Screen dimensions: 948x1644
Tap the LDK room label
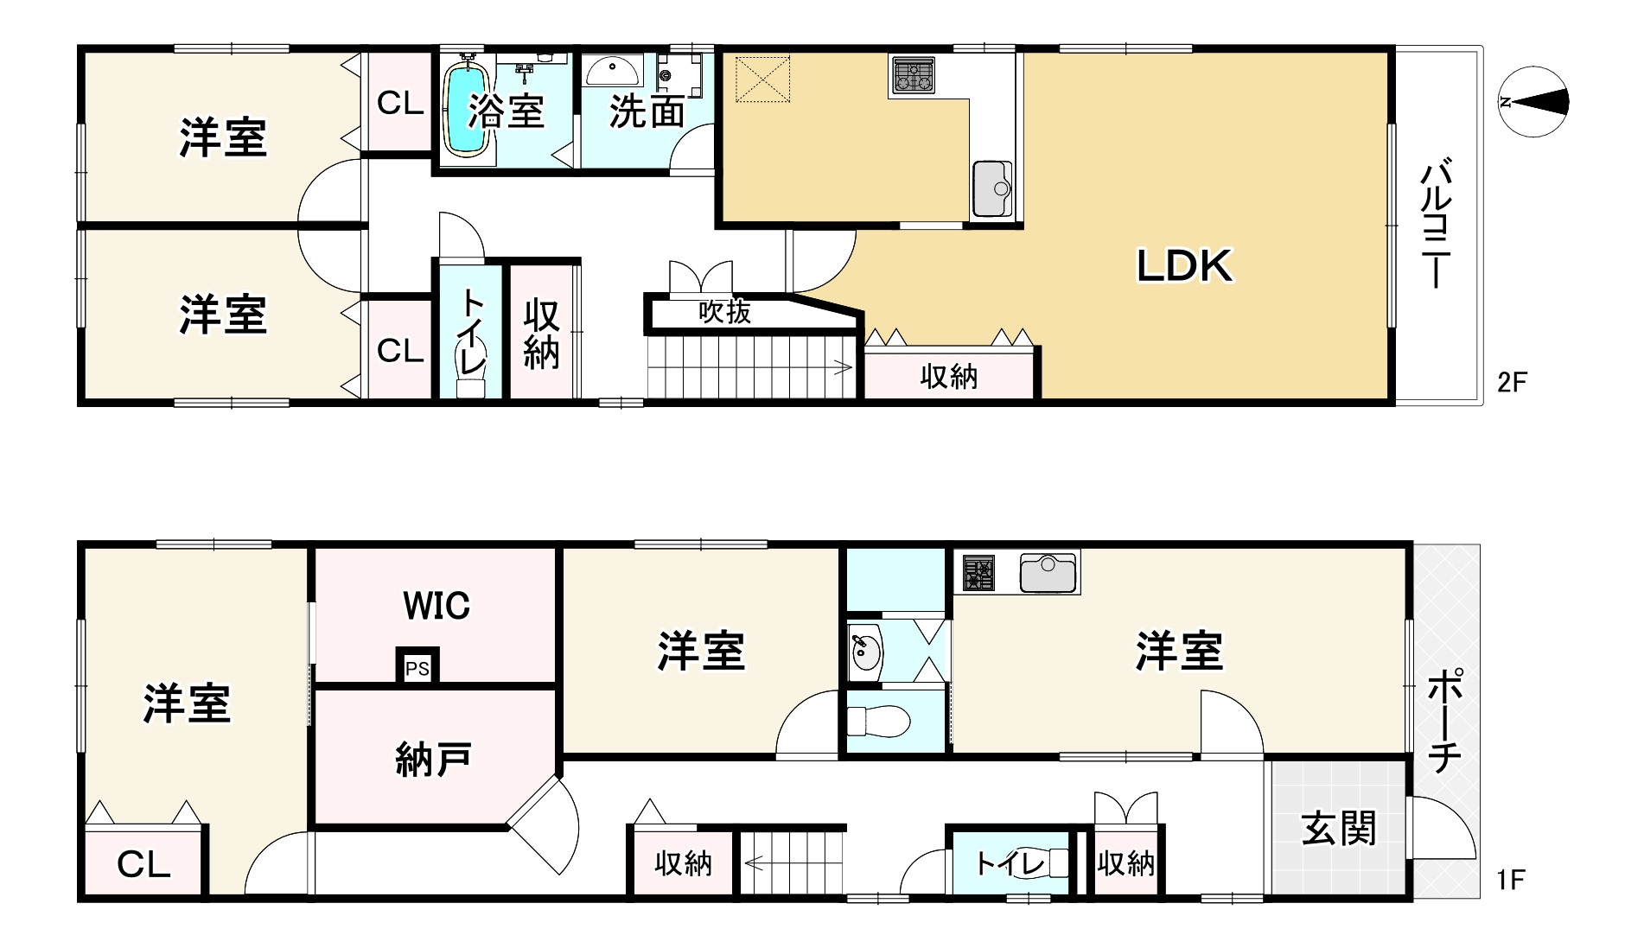click(x=1183, y=265)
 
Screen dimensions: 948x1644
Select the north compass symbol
click(x=1532, y=102)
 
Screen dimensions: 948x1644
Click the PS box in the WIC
click(x=417, y=668)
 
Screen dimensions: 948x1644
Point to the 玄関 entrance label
click(x=1339, y=830)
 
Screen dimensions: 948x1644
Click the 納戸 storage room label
click(x=433, y=759)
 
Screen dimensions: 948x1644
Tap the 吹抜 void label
click(x=724, y=312)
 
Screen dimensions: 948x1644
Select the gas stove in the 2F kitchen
click(x=912, y=75)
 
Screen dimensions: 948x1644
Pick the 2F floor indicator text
click(x=1513, y=383)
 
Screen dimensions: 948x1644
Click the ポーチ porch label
click(x=1443, y=722)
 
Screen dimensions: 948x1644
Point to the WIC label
click(x=436, y=606)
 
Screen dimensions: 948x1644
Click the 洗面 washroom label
click(x=647, y=112)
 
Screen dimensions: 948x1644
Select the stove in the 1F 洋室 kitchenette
click(x=979, y=573)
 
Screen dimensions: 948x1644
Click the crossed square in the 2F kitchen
click(x=761, y=79)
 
